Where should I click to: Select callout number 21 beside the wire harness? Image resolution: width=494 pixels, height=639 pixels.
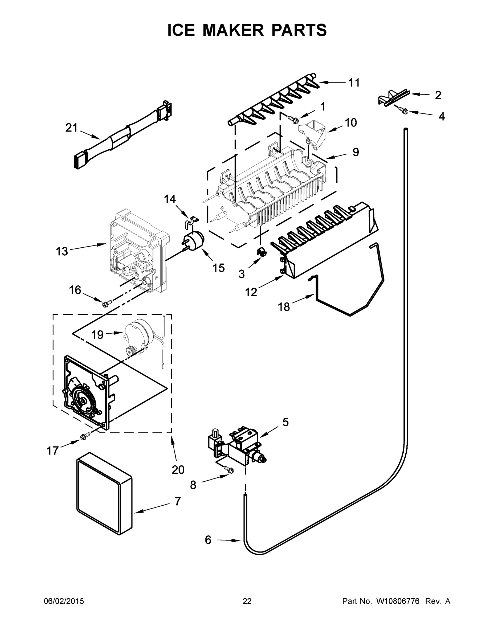click(x=71, y=128)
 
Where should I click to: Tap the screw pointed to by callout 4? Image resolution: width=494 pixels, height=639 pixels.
click(x=404, y=110)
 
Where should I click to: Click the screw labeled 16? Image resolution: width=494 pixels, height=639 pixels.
click(x=106, y=304)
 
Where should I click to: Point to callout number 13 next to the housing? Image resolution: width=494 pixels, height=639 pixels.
click(x=62, y=251)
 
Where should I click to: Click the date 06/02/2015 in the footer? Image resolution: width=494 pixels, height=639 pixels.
click(x=64, y=601)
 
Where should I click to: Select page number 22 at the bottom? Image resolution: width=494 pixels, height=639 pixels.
click(x=247, y=601)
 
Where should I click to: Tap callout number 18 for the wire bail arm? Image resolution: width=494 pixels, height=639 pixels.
click(x=284, y=307)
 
